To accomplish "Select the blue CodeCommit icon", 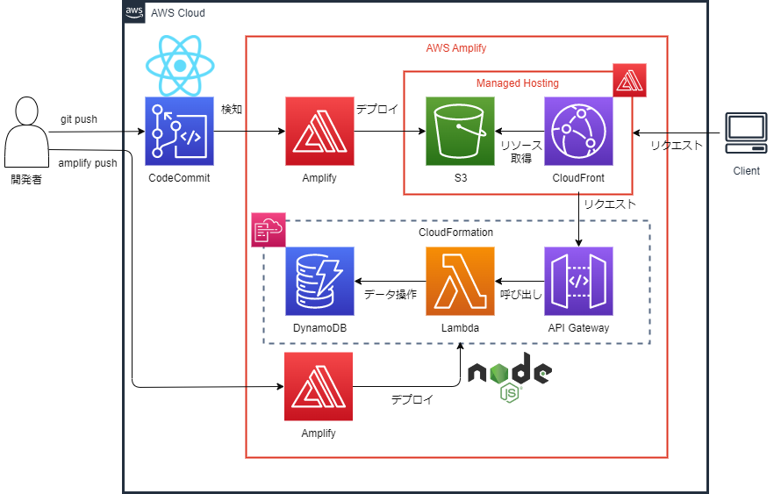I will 179,131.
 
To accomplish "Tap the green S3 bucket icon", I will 460,131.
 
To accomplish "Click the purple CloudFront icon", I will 578,131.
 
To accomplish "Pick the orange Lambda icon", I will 460,281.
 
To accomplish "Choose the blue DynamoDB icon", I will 319,281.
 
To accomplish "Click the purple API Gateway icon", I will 578,281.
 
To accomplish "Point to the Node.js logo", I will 509,376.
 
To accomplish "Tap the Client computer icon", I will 746,136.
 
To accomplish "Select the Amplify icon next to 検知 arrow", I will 319,131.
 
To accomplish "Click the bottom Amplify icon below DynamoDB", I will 319,386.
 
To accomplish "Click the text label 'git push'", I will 79,119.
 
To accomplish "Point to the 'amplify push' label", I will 87,163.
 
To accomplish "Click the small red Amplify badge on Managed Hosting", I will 629,80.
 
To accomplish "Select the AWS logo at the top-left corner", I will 134,11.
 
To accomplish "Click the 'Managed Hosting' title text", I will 517,83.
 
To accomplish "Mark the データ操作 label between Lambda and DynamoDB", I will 390,295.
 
